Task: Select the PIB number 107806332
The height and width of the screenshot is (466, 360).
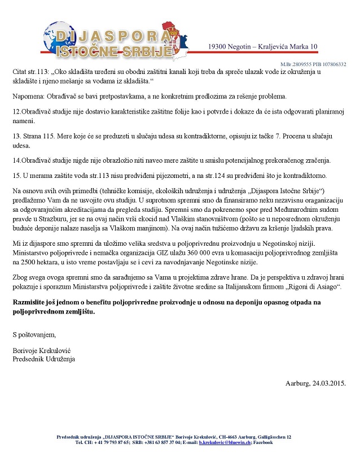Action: tap(332, 64)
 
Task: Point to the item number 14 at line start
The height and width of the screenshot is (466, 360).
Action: tap(17, 162)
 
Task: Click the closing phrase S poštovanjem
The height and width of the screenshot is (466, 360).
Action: tap(34, 335)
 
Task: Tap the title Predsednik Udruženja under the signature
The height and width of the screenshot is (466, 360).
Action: tap(43, 359)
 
